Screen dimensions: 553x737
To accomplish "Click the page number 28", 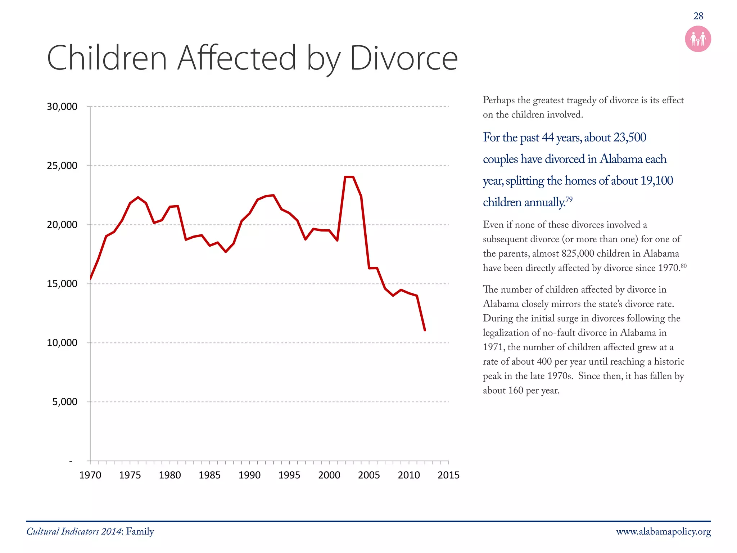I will pyautogui.click(x=698, y=16).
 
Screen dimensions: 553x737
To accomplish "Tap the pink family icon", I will pyautogui.click(x=698, y=39).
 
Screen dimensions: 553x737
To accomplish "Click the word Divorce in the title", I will pyautogui.click(x=403, y=58).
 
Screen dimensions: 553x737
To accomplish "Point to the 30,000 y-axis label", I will pyautogui.click(x=62, y=107).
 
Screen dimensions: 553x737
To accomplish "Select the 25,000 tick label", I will pyautogui.click(x=62, y=166).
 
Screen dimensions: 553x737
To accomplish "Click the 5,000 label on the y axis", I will pyautogui.click(x=65, y=402).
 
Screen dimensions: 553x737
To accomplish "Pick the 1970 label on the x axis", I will pyautogui.click(x=90, y=475).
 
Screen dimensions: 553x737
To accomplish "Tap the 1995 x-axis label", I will pyautogui.click(x=289, y=475).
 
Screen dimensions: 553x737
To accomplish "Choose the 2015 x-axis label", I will pyautogui.click(x=448, y=475).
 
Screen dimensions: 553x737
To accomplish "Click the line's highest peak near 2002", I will pyautogui.click(x=349, y=177).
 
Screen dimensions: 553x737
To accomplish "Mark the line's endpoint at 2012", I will pyautogui.click(x=425, y=330).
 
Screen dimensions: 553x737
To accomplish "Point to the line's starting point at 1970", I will pyautogui.click(x=90, y=278).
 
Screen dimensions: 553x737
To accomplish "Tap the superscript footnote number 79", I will pyautogui.click(x=569, y=199).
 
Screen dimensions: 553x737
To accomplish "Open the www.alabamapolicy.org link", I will pyautogui.click(x=663, y=532).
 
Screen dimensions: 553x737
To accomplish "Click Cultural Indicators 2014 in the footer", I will pyautogui.click(x=74, y=532).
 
